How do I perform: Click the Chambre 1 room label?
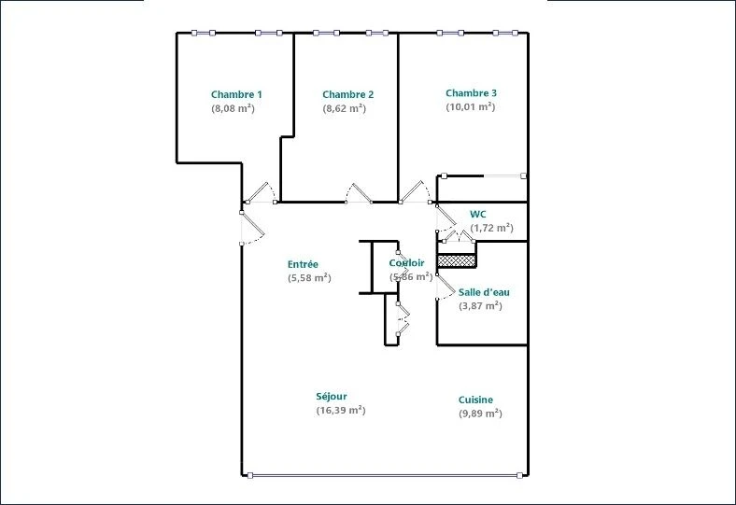click(236, 94)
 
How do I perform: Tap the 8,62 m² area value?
click(344, 108)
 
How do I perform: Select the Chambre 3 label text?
click(471, 93)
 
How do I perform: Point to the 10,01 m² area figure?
click(471, 107)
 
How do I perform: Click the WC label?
click(478, 215)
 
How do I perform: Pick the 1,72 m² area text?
click(491, 228)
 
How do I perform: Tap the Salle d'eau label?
click(484, 292)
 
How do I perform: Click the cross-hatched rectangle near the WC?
click(457, 261)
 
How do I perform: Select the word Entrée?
click(303, 264)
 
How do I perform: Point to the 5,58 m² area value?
click(309, 278)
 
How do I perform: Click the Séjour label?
click(332, 397)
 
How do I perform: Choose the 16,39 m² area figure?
click(341, 411)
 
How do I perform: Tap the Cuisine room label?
click(475, 400)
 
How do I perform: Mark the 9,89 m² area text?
click(480, 414)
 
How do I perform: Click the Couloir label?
click(406, 263)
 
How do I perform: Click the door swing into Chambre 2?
click(359, 192)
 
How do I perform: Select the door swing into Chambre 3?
click(415, 192)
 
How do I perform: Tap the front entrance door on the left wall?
click(252, 228)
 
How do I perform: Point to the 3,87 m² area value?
click(480, 306)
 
